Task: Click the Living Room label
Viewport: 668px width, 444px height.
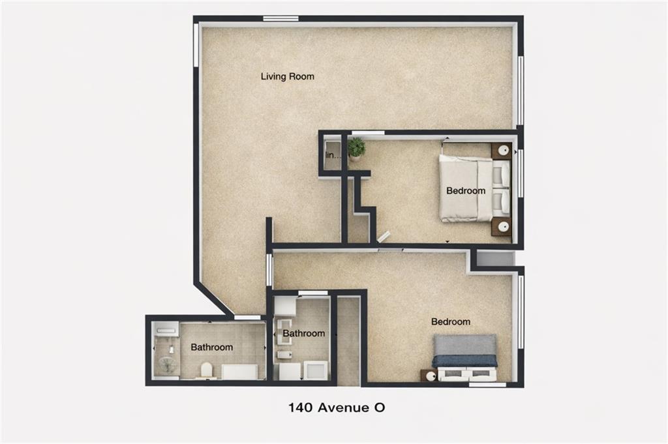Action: pyautogui.click(x=287, y=76)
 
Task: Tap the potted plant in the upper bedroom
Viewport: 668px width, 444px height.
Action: pyautogui.click(x=356, y=148)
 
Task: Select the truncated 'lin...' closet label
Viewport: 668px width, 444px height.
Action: pyautogui.click(x=333, y=155)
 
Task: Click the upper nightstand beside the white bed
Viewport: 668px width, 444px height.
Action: pyautogui.click(x=501, y=151)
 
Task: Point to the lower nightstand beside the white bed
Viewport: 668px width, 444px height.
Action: pyautogui.click(x=501, y=226)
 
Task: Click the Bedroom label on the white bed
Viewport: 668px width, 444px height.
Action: pyautogui.click(x=465, y=191)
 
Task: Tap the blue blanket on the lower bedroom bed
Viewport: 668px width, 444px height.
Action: pyautogui.click(x=464, y=361)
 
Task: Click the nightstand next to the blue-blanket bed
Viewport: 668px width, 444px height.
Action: pyautogui.click(x=429, y=376)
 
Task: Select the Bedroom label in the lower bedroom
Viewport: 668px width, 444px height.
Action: pyautogui.click(x=450, y=322)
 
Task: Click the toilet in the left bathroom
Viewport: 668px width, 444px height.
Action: pyautogui.click(x=207, y=370)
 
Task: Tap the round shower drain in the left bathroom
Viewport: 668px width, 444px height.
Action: pyautogui.click(x=167, y=364)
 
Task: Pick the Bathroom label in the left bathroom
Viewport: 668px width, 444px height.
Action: pyautogui.click(x=211, y=348)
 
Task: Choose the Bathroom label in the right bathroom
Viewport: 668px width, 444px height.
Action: pyautogui.click(x=303, y=333)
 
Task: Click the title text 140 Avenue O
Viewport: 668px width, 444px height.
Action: pyautogui.click(x=337, y=408)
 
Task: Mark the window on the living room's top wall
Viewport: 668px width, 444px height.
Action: pyautogui.click(x=281, y=18)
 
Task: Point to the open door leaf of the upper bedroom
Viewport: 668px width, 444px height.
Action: pyautogui.click(x=383, y=236)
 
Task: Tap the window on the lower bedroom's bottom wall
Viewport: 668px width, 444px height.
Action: pyautogui.click(x=487, y=385)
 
